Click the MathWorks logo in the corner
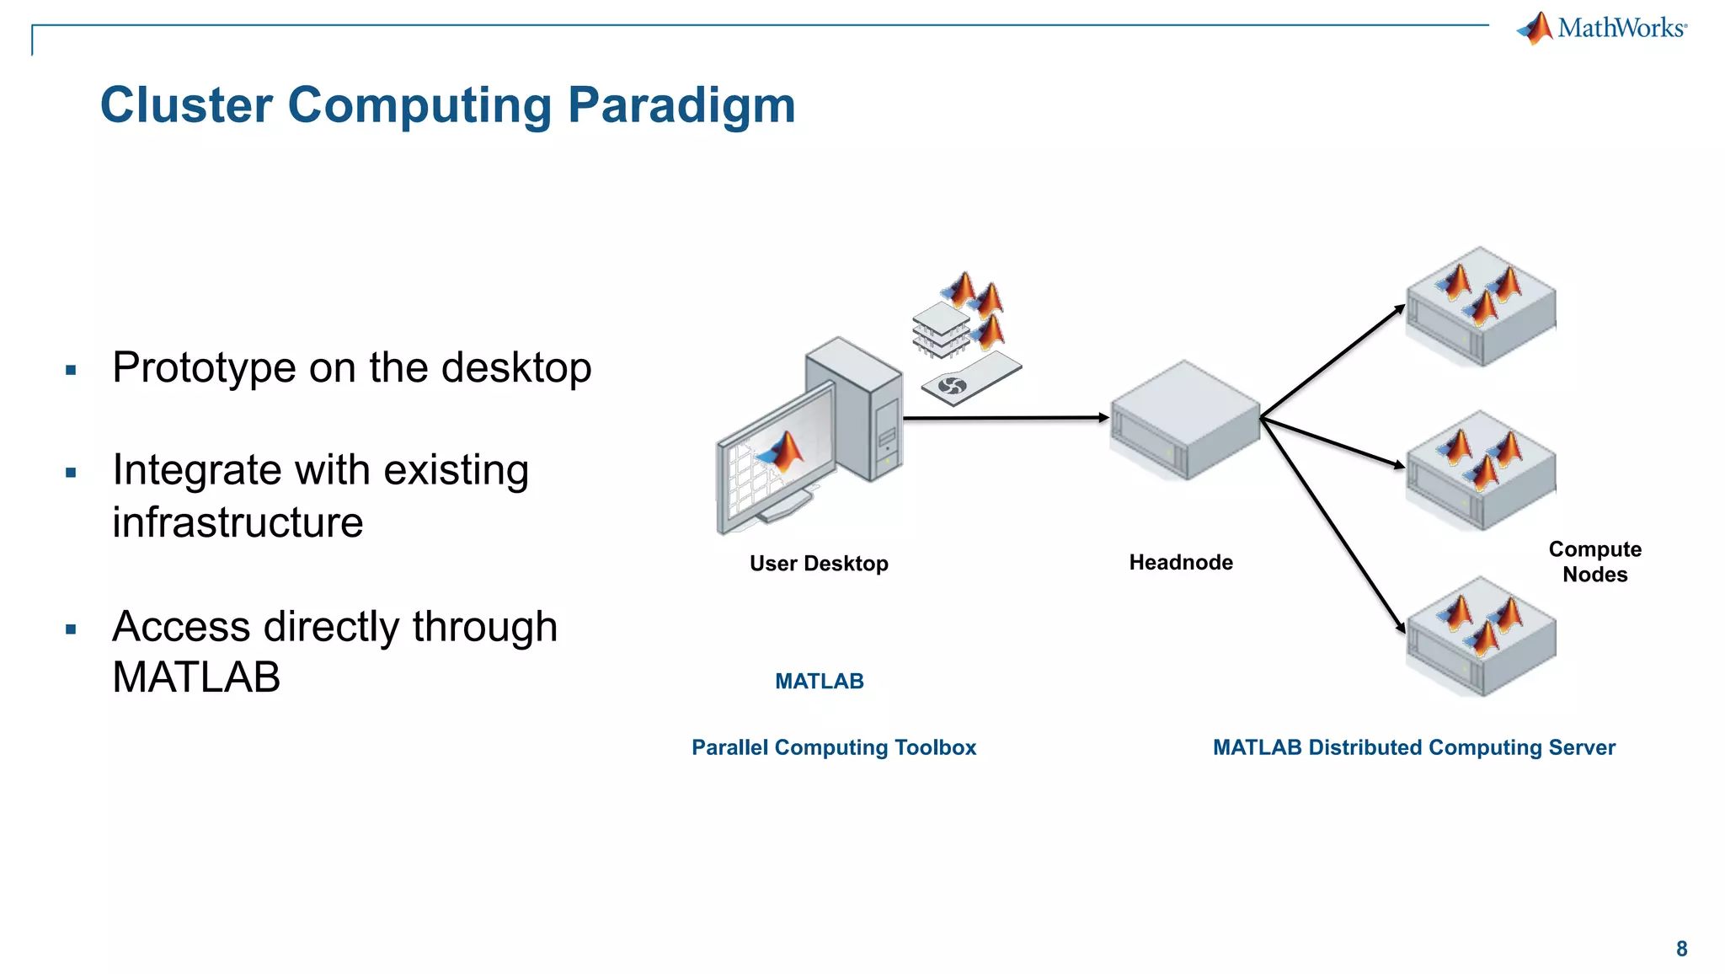1602,28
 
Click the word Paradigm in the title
681,105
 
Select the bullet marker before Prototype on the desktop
71,370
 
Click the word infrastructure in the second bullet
238,522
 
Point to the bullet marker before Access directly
71,629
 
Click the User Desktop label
819,563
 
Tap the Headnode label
1180,562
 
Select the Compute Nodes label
1594,561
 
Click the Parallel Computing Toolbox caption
833,747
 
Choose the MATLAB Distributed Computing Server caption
1413,747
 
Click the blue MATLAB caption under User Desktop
819,681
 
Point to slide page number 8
1681,949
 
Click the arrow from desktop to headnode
1002,418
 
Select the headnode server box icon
1184,421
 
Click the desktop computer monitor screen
775,463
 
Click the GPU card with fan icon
970,379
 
